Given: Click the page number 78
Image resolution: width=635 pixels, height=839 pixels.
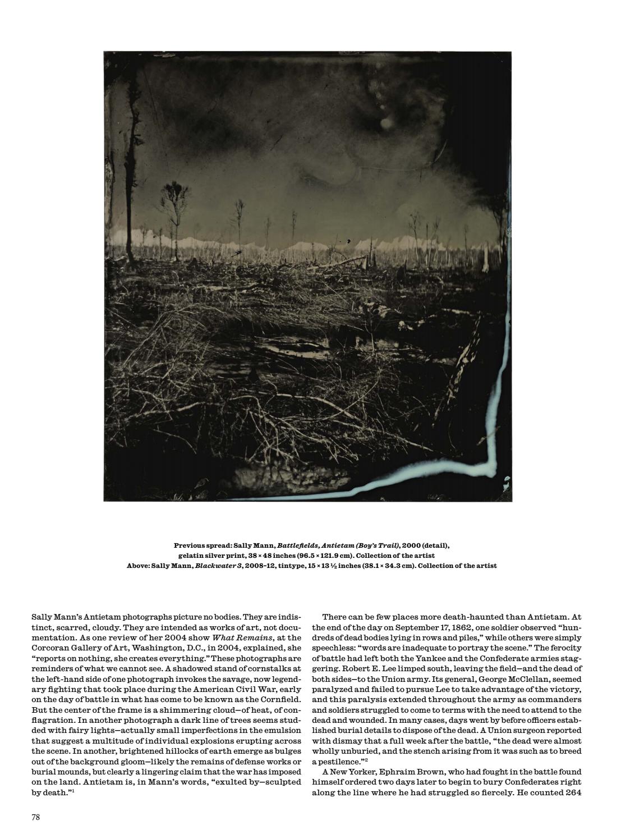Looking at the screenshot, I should (35, 817).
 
